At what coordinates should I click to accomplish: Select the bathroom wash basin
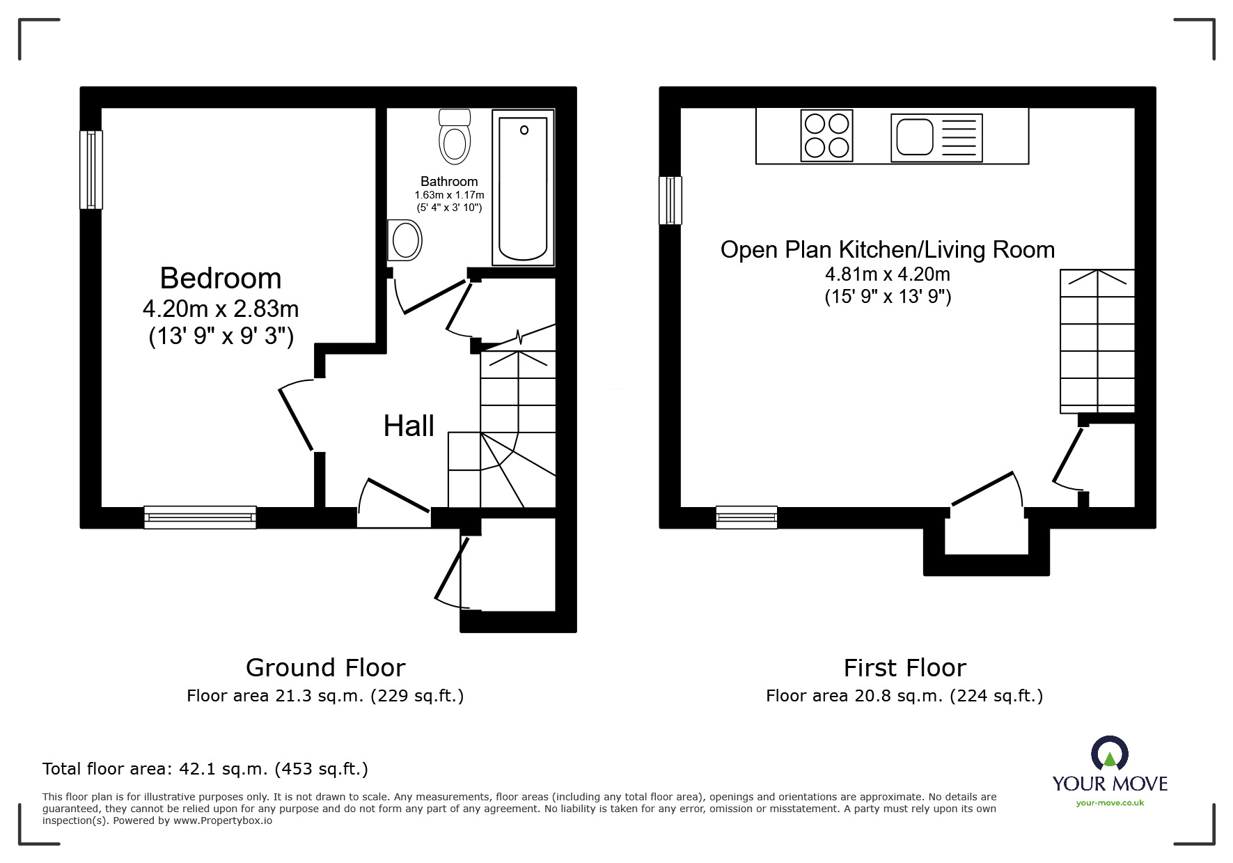405,240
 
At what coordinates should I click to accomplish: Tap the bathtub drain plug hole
524,130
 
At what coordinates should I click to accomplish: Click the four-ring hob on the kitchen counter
826,136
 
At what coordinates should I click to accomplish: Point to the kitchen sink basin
914,137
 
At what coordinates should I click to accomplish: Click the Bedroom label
221,279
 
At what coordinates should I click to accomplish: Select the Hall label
409,426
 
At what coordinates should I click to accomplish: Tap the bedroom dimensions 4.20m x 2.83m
221,308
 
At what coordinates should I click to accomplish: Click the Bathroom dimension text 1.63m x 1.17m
449,195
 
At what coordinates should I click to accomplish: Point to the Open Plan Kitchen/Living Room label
887,250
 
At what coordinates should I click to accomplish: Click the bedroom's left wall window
91,169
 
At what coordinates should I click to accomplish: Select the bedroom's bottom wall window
200,518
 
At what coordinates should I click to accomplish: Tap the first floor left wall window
670,200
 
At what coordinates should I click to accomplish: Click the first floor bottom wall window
746,518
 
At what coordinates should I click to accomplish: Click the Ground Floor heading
325,668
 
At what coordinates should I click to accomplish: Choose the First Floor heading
904,668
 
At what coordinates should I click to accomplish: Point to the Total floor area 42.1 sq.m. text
205,769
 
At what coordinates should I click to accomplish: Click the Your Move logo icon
1109,754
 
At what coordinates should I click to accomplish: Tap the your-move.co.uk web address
1110,803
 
